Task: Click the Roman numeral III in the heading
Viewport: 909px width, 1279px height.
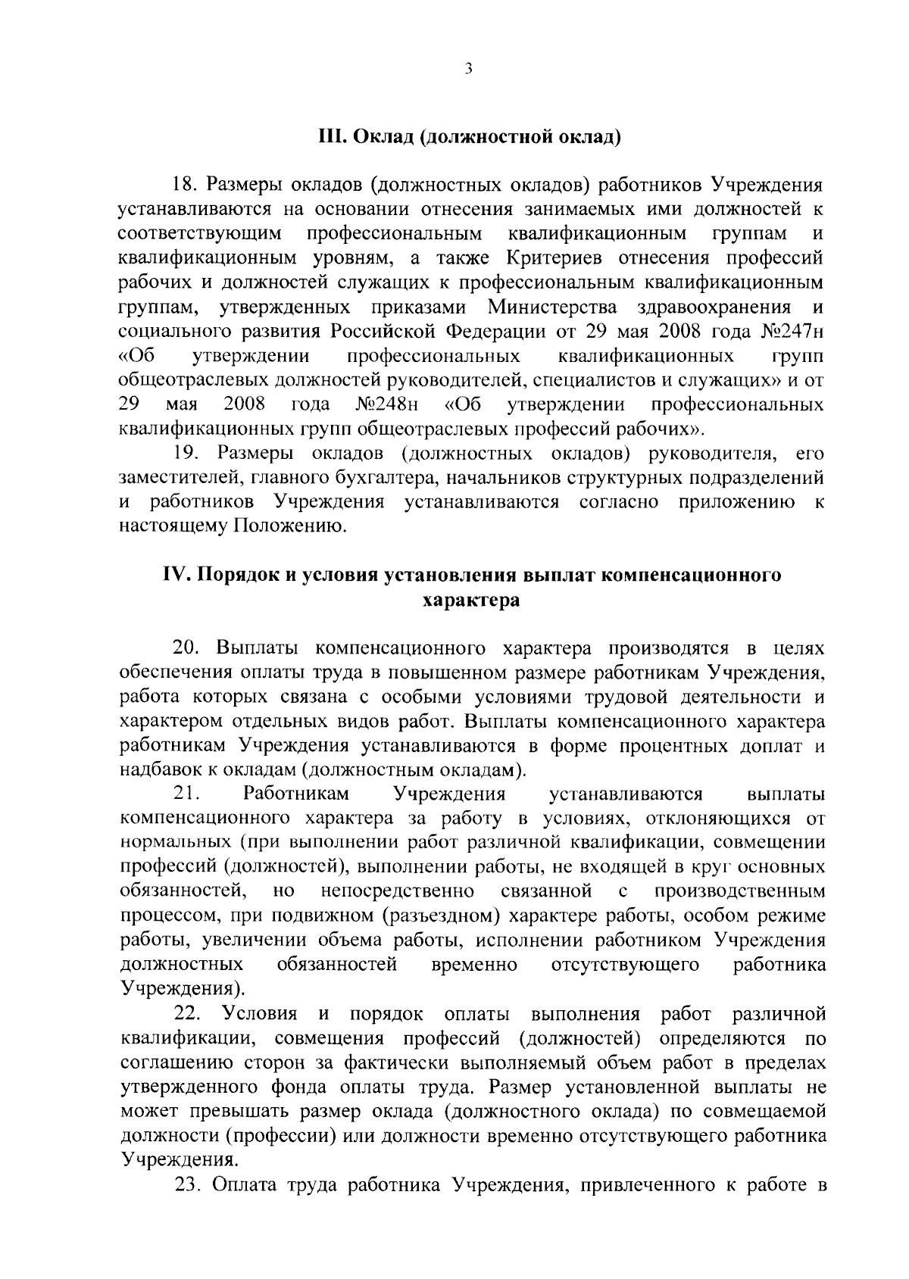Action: tap(330, 137)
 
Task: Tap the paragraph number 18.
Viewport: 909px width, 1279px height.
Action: tap(184, 184)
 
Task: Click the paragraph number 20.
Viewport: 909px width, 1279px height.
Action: tap(186, 649)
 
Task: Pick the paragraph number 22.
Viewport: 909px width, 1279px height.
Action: tap(186, 1013)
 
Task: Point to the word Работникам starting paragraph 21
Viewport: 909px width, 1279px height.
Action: tap(297, 794)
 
